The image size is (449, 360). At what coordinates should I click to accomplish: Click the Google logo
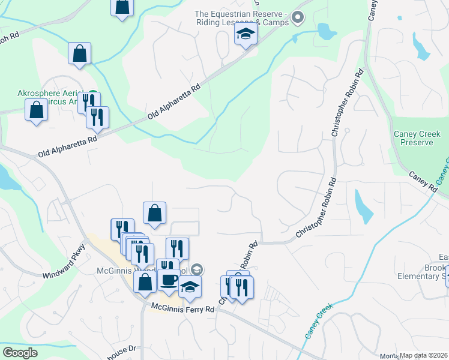[19, 352]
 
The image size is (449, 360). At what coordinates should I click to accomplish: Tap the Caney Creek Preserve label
[413, 138]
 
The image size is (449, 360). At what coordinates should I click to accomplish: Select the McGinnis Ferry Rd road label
[182, 308]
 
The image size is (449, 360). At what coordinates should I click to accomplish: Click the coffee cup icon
[168, 280]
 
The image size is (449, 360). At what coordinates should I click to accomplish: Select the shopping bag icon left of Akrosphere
[37, 110]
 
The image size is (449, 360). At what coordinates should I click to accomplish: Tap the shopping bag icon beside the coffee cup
[145, 282]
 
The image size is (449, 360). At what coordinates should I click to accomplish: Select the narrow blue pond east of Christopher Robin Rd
[361, 206]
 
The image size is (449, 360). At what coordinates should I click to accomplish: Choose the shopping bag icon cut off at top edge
[122, 6]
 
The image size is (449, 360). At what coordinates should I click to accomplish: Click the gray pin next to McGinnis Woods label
[198, 270]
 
